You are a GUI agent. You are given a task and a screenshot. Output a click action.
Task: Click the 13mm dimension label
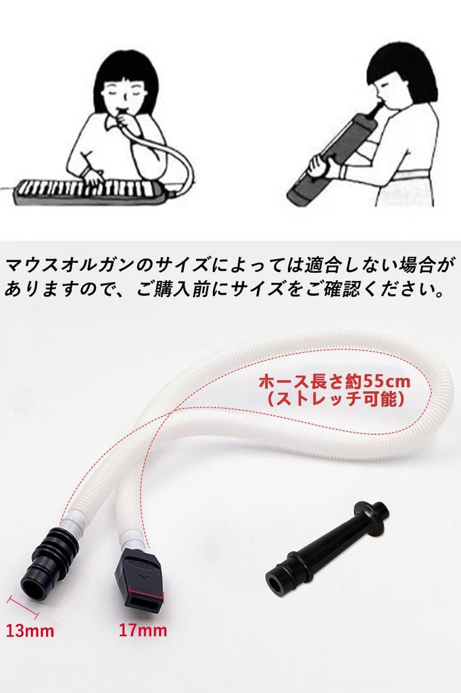29,631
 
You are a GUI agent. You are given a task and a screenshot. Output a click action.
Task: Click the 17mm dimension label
143,631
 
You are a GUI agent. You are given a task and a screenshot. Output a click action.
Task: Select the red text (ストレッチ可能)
335,399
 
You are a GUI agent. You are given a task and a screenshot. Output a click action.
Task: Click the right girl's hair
406,64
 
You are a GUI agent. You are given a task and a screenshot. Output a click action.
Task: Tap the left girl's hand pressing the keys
93,177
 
